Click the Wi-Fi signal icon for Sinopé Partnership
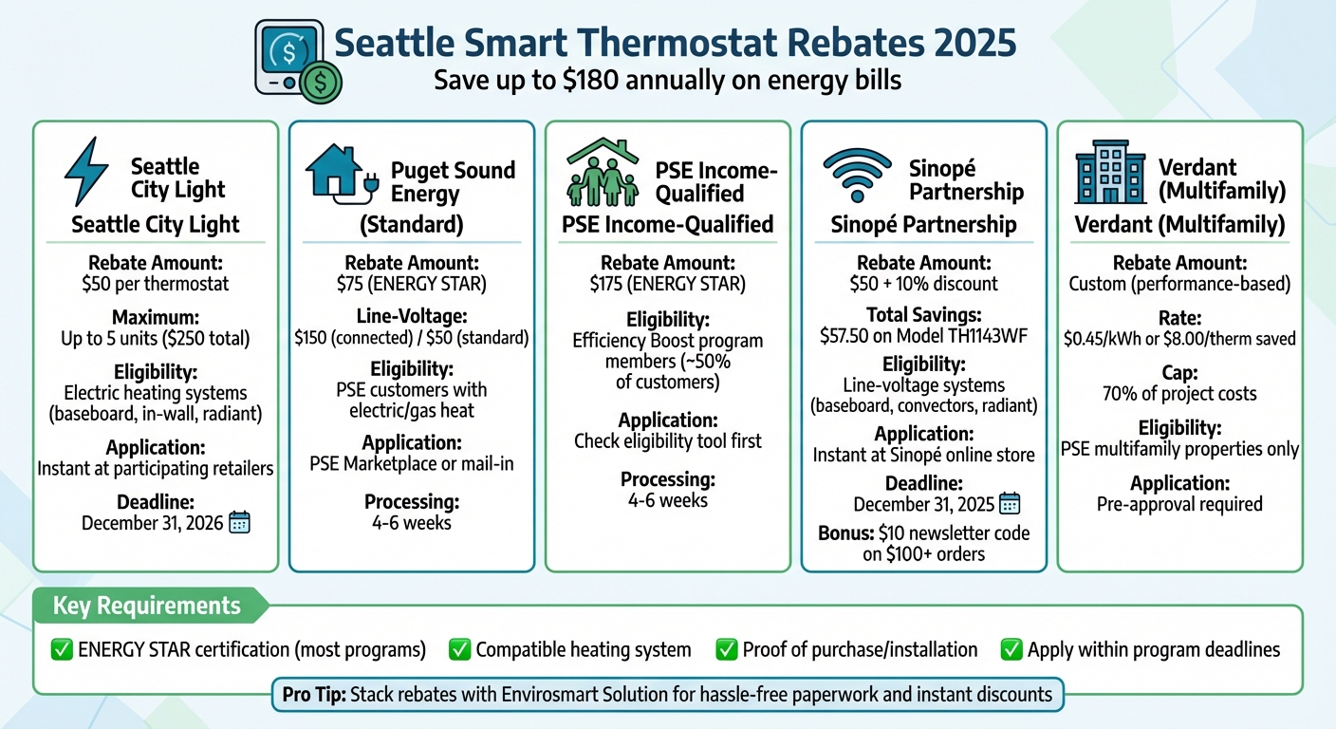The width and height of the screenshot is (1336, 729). tap(857, 174)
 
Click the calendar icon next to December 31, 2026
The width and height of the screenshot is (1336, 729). tap(240, 522)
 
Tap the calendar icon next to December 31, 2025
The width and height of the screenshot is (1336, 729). tap(1010, 504)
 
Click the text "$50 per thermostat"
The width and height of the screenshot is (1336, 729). tap(156, 284)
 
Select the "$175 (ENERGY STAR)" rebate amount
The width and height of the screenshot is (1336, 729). tap(667, 284)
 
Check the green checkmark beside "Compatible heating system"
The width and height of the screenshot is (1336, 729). tap(460, 650)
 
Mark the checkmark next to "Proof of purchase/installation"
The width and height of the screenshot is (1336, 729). tap(727, 650)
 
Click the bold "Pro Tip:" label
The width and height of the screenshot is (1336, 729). tap(314, 695)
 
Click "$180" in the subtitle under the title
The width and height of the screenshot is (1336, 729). tap(592, 81)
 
